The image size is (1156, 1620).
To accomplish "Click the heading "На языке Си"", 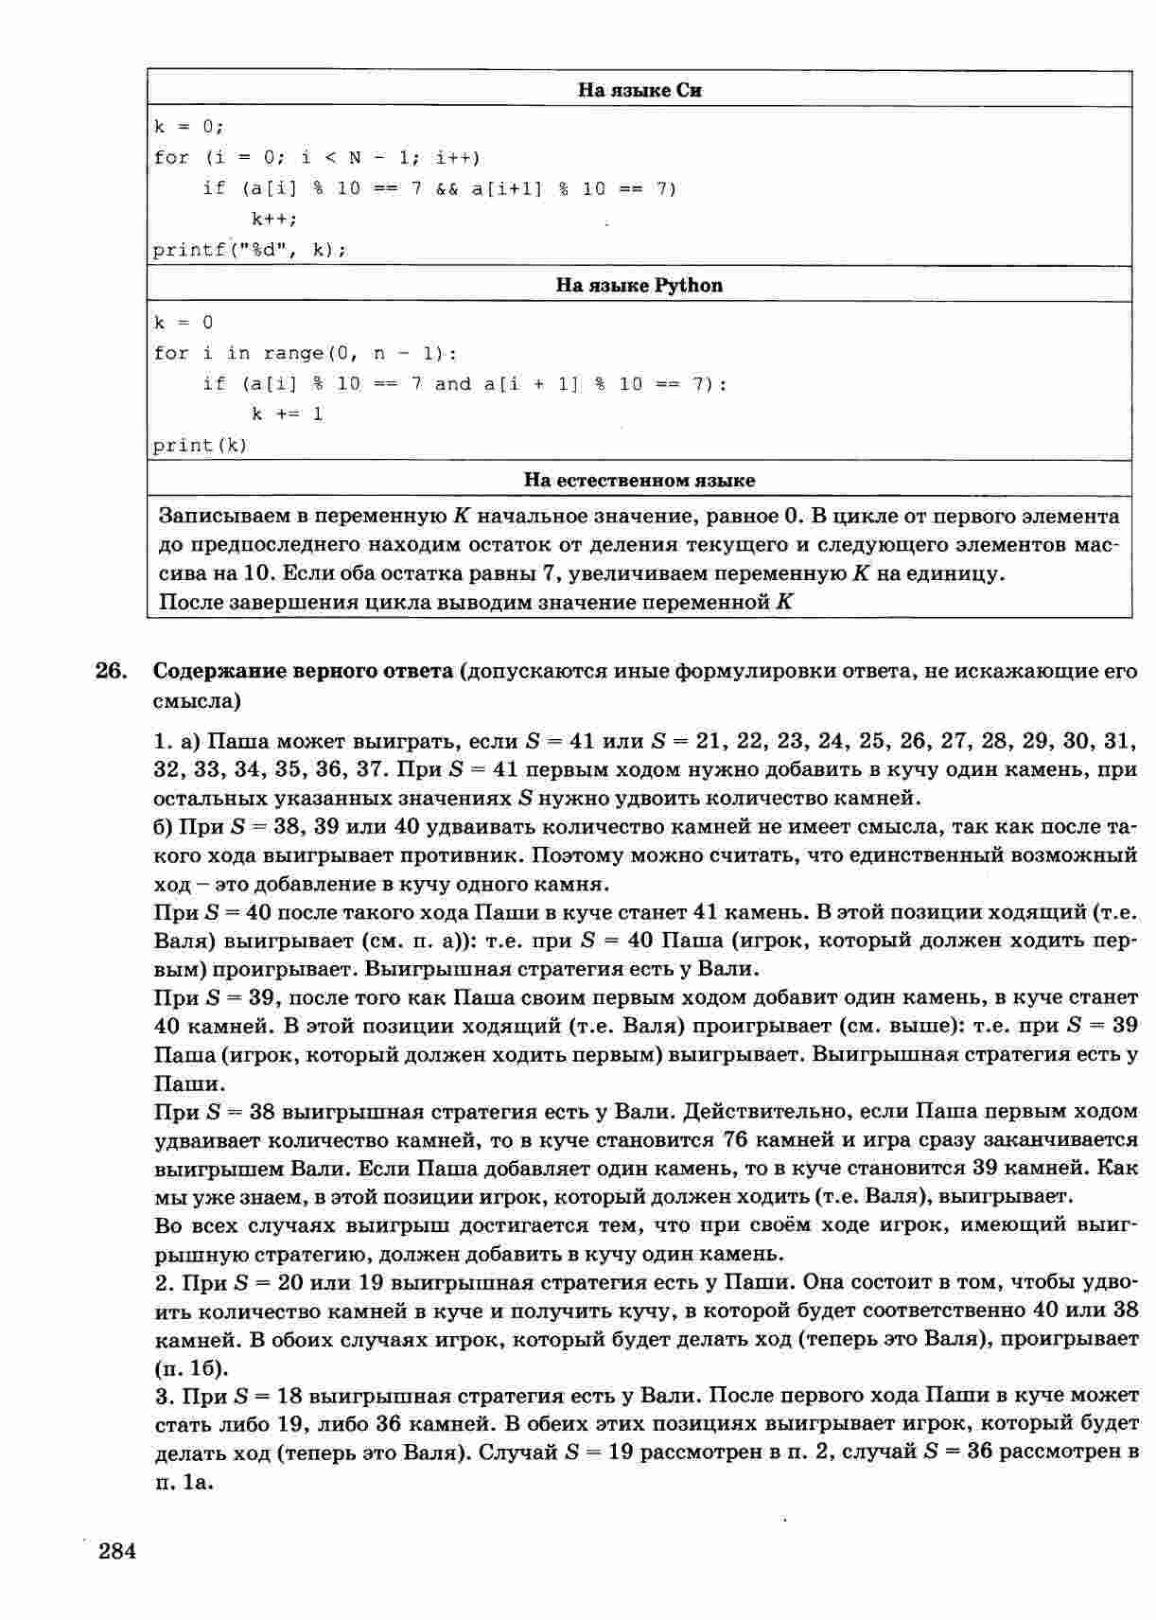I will coord(639,91).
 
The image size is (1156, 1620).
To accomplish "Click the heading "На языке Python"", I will coord(639,286).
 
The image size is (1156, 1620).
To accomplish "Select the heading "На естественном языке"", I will coord(639,481).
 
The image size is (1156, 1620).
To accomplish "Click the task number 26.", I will coord(111,672).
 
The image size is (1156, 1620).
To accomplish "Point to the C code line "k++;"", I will coord(274,219).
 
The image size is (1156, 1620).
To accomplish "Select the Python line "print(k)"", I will coord(200,445).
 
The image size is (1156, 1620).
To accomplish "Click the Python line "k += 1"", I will coord(287,414).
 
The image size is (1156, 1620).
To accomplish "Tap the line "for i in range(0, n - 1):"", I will coord(305,353).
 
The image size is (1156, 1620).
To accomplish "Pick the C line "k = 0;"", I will coord(188,126).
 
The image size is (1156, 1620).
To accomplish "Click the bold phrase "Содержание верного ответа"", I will coord(303,672).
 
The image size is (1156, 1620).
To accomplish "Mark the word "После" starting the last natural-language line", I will coord(189,602).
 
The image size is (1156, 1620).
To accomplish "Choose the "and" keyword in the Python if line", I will coord(452,383).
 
